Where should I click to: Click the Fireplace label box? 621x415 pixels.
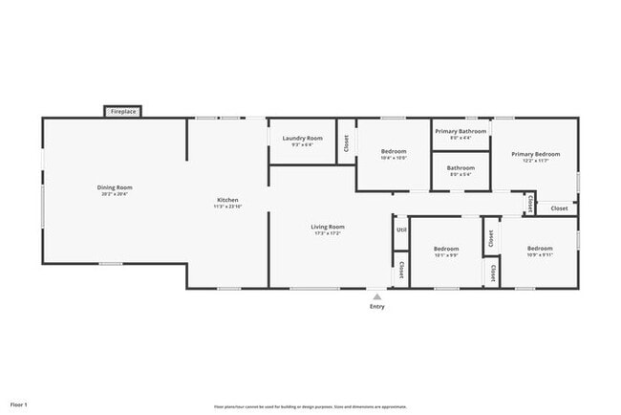123,112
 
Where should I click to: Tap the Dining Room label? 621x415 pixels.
115,186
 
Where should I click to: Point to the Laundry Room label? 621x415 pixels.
302,138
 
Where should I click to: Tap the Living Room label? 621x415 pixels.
328,227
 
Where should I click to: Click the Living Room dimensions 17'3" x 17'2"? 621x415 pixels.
328,233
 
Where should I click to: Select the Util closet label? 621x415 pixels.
401,229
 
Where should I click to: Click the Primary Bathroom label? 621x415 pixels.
460,131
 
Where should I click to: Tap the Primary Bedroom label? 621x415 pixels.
534,154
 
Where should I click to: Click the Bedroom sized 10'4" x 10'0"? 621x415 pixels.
394,152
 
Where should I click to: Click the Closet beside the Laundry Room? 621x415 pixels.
346,143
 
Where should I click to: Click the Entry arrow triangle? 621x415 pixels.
377,296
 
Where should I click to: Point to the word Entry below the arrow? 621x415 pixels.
377,306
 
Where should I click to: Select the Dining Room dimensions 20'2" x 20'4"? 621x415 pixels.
115,193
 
